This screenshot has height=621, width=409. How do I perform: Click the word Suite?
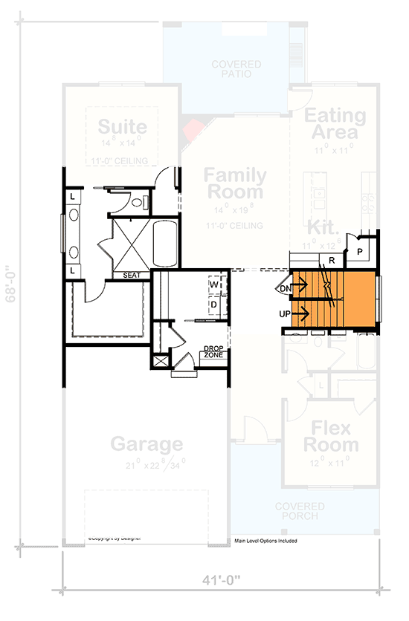coord(123,126)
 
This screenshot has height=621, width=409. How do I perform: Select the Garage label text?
coord(147,444)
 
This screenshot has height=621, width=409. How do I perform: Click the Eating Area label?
coord(335,124)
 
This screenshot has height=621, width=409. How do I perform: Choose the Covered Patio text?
coord(236,69)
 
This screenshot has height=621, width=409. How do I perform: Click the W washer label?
coord(214,285)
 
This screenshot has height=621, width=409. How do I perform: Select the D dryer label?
coord(214,305)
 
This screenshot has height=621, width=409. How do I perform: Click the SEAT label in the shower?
coord(132,276)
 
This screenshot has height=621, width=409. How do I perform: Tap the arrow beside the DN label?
coord(302,284)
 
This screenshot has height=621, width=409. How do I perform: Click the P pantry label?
coord(359,253)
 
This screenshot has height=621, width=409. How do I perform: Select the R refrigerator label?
coord(331,261)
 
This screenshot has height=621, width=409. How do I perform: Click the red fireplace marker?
coord(193,130)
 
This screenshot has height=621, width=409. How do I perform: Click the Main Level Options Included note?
coord(265,541)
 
